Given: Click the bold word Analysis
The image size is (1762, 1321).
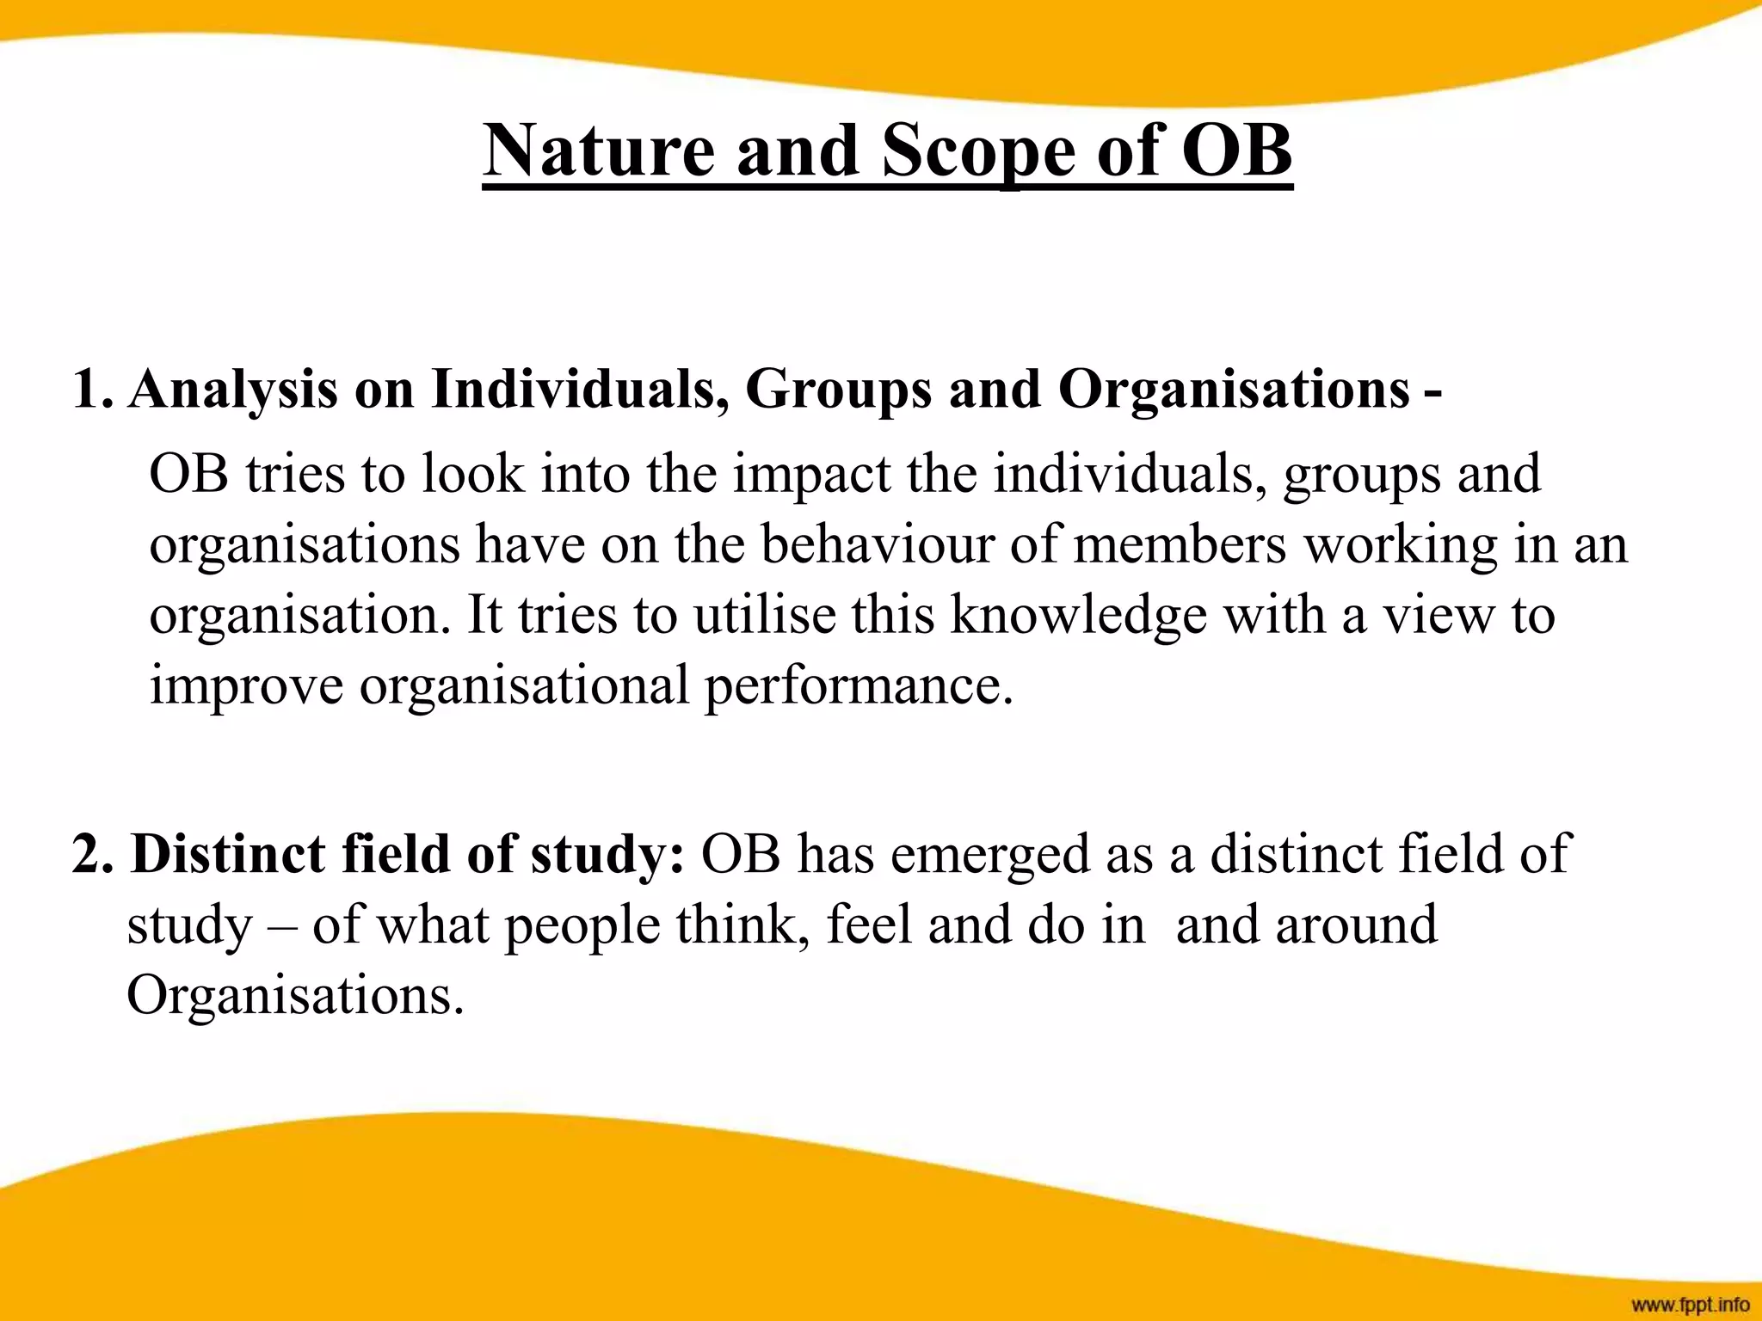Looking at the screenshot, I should pyautogui.click(x=233, y=390).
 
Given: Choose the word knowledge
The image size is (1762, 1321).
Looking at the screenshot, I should pyautogui.click(x=1079, y=617).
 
